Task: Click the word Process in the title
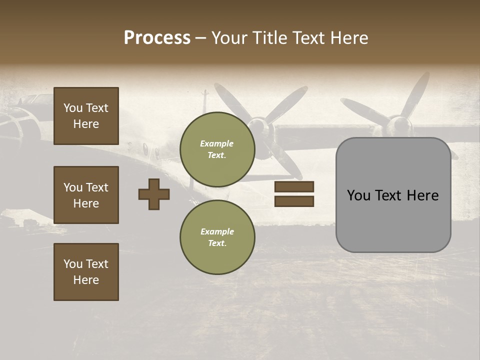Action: pos(157,38)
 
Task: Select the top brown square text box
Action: pos(86,116)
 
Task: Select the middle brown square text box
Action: pos(86,195)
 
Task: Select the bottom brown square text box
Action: pos(86,272)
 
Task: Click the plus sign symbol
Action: pos(154,194)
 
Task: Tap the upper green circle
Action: pos(217,149)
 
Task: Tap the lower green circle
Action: pos(217,237)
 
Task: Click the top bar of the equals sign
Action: pos(294,187)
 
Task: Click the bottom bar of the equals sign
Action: pos(294,201)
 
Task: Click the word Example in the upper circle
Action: pos(217,143)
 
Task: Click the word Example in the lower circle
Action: pos(217,231)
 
